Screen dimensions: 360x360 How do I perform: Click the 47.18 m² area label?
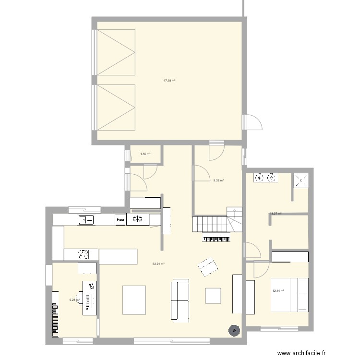pos(169,81)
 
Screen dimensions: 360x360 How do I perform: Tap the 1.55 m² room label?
pos(145,154)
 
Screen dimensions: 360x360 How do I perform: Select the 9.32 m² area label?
pos(218,180)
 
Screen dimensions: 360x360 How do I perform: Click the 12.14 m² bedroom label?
pos(278,291)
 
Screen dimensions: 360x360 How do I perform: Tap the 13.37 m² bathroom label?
pos(276,214)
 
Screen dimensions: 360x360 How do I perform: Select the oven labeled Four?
pos(120,220)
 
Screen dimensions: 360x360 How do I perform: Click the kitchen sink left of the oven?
pos(87,220)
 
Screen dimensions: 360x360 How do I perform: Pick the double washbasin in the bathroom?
pos(265,178)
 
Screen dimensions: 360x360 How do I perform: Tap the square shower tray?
pos(302,180)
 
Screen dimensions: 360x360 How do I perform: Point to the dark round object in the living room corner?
pos(234,330)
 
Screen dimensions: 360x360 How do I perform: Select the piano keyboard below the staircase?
pos(217,239)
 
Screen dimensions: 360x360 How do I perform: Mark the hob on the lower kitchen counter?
pos(82,253)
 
